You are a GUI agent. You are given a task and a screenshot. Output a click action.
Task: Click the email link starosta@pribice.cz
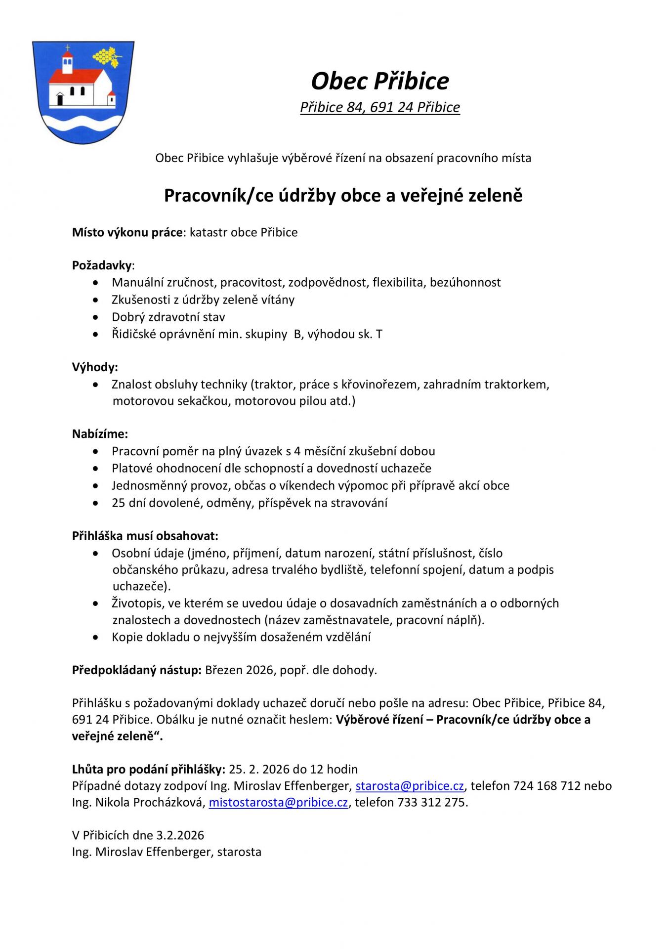coord(410,785)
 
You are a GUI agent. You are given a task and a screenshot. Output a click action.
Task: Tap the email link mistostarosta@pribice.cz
coord(278,802)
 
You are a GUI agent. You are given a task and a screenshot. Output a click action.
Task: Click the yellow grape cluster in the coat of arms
coord(106,55)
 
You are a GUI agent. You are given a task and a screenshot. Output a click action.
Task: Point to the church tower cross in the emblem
coord(68,48)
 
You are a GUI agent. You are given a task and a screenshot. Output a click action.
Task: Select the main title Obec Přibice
coord(379,81)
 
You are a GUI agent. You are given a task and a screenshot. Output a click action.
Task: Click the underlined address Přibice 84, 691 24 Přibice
coord(379,107)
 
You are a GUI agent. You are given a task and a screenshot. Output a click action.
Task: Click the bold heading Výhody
coord(95,367)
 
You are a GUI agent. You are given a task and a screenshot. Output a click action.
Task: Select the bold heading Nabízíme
coord(100,434)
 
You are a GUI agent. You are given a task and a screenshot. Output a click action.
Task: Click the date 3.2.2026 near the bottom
coord(180,835)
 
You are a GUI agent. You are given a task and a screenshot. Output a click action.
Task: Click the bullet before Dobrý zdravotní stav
coord(95,317)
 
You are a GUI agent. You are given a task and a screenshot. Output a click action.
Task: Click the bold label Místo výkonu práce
coord(127,232)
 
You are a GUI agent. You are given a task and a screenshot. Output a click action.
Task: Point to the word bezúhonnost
coord(465,282)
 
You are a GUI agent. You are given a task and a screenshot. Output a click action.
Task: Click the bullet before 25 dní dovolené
coord(95,503)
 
